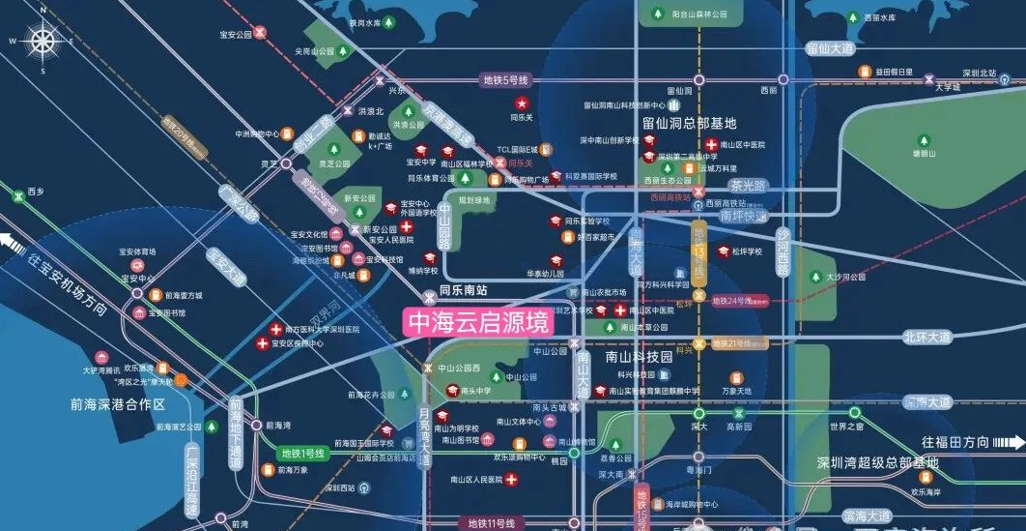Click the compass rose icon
pos(43,41)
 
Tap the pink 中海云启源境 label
pos(479,322)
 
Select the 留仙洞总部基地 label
pos(689,123)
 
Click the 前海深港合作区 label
pos(119,404)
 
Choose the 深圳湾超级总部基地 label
pos(876,463)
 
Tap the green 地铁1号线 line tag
pos(303,453)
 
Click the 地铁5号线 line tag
pos(508,81)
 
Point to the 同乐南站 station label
pos(463,289)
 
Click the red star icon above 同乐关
pos(522,103)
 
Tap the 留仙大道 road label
pos(831,47)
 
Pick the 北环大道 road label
pos(927,337)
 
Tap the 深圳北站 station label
pos(972,74)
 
